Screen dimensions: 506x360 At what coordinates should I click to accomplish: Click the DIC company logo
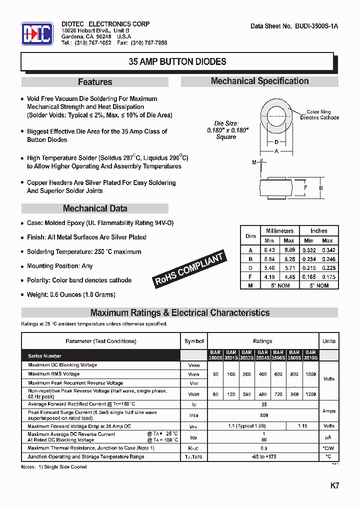(36, 34)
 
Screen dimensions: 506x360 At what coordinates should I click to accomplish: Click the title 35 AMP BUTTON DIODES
(177, 62)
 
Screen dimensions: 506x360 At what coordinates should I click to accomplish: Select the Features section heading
(95, 82)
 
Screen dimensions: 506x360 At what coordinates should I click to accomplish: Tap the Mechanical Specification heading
(259, 81)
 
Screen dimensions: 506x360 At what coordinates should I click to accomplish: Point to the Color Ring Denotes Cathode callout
(319, 115)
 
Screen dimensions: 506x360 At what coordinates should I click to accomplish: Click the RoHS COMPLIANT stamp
(189, 269)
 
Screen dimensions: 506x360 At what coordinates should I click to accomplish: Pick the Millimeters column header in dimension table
(279, 231)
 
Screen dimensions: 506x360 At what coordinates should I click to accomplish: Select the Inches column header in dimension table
(318, 231)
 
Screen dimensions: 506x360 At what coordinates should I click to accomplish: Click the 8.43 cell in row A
(270, 249)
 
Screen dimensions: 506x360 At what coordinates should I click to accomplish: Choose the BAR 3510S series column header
(310, 355)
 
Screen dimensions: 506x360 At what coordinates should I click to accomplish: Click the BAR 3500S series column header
(215, 355)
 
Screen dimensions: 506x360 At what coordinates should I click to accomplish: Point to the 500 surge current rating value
(264, 415)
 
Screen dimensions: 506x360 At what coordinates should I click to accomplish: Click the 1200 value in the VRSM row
(310, 394)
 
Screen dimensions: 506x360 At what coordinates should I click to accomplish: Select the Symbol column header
(194, 341)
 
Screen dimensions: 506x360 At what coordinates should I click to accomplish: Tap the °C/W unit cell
(328, 448)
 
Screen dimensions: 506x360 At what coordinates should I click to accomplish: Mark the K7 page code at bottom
(334, 485)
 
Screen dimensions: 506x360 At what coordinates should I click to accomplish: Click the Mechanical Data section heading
(95, 208)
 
